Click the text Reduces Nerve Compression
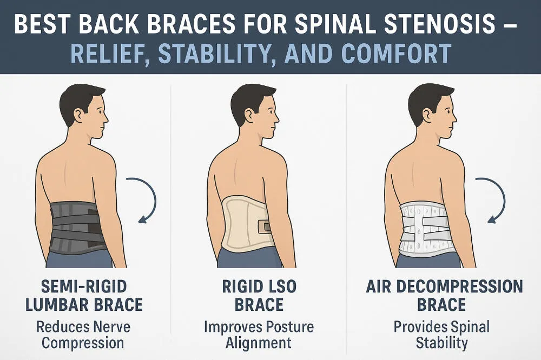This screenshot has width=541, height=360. tap(83, 335)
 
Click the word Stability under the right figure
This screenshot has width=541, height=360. tap(441, 343)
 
